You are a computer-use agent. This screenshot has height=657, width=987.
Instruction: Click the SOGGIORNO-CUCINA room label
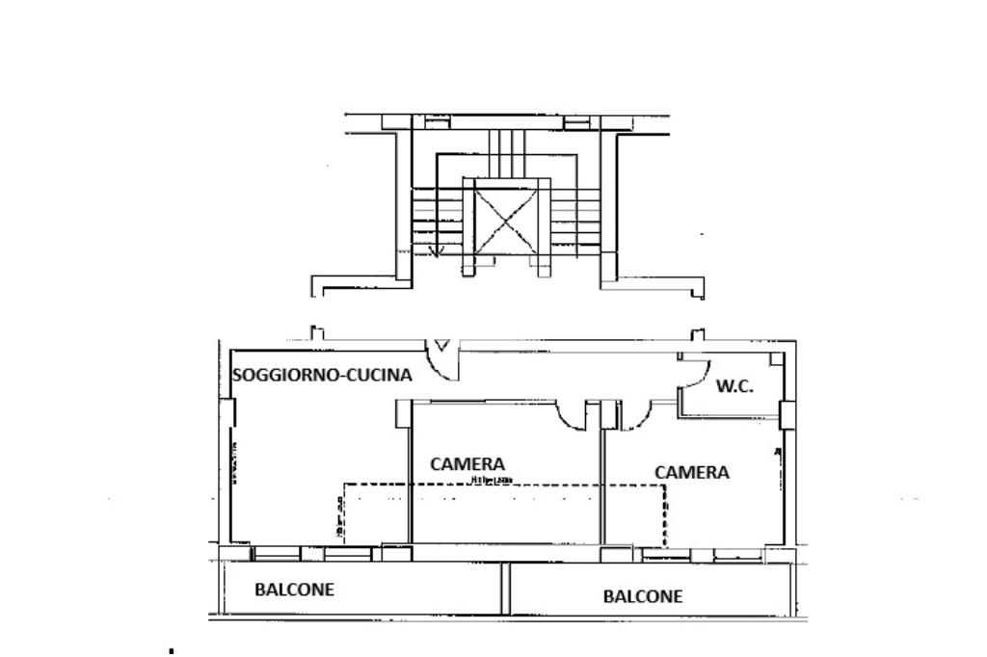click(323, 376)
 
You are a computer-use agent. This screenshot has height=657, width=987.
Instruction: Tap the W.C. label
click(734, 386)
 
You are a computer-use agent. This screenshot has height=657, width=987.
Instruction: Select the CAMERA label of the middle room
click(467, 463)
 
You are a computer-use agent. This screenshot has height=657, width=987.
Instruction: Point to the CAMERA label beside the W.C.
click(691, 472)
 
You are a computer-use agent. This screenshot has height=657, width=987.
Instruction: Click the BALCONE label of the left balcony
click(294, 590)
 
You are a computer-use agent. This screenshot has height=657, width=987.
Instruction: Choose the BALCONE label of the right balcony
click(643, 596)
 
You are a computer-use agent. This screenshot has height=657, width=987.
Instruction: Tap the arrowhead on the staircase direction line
click(435, 252)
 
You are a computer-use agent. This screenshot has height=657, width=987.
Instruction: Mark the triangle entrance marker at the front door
click(442, 345)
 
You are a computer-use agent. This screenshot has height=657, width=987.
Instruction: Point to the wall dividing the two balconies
click(504, 588)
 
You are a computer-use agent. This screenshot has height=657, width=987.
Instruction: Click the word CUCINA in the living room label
click(380, 376)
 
